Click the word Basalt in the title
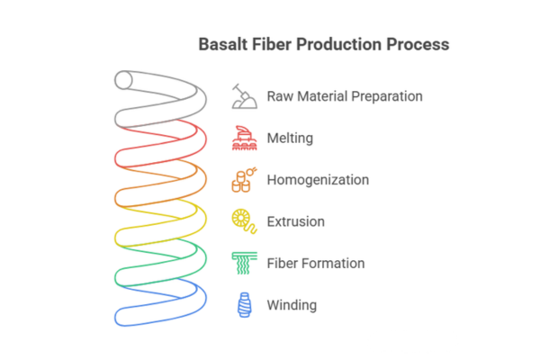[x=220, y=43]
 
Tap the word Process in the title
[x=417, y=43]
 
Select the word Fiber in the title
[x=271, y=43]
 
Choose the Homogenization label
[x=318, y=180]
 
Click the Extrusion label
[x=296, y=221]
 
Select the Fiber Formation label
[x=316, y=264]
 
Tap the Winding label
[x=292, y=305]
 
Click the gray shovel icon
[x=242, y=95]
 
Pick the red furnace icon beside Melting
[x=242, y=138]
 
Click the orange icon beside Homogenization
[x=242, y=179]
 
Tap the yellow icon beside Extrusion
[x=242, y=221]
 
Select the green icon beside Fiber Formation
[x=242, y=263]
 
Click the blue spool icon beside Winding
[x=242, y=305]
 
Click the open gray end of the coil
[x=125, y=80]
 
